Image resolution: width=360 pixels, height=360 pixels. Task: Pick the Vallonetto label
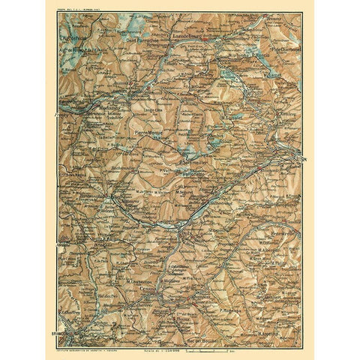pyautogui.click(x=193, y=173)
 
